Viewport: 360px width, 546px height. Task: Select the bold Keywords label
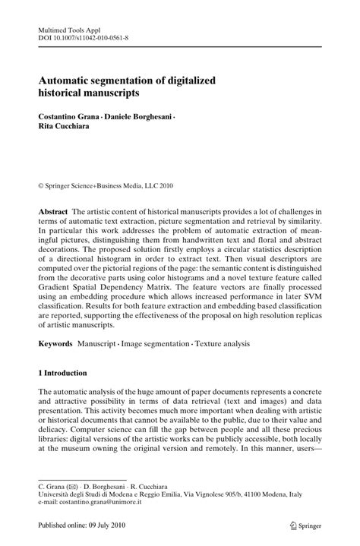56,344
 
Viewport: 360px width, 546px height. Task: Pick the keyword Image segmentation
155,344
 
